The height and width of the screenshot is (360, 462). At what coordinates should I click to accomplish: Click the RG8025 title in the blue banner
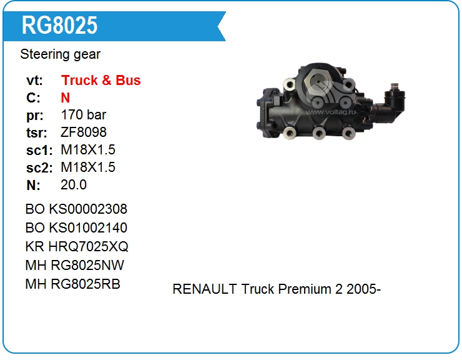click(x=59, y=26)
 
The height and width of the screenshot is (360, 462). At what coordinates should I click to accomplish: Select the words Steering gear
click(x=60, y=54)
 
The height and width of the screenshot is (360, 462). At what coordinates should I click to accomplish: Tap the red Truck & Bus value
click(x=101, y=80)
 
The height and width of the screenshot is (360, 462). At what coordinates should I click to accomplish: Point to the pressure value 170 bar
click(x=84, y=115)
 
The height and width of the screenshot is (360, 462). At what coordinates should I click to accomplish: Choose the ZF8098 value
click(x=84, y=132)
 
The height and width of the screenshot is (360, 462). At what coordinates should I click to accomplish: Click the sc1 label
click(x=39, y=151)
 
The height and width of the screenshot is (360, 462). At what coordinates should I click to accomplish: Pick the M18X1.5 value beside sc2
click(x=88, y=167)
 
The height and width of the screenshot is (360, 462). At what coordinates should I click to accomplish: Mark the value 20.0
click(x=74, y=185)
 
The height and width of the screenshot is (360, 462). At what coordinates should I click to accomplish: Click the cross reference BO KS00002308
click(x=76, y=209)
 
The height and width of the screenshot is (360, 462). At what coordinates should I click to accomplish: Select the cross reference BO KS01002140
click(x=76, y=227)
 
